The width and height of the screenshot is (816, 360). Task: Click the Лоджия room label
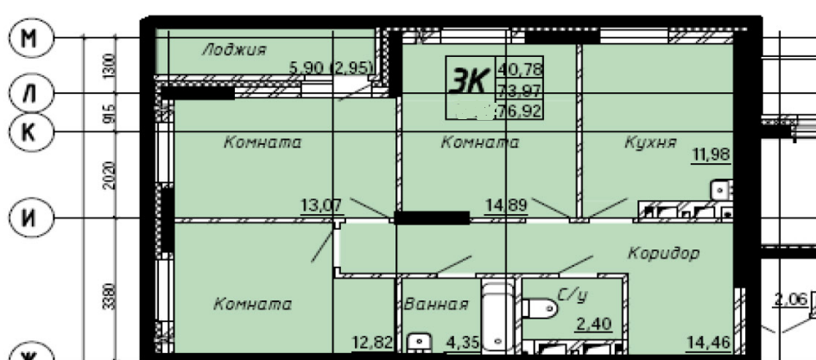pos(233,49)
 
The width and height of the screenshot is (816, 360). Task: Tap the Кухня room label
pos(650,142)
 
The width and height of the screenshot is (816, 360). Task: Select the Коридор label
pos(663,254)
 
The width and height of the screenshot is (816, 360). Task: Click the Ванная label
pos(436,304)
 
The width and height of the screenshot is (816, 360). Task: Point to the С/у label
pos(572,296)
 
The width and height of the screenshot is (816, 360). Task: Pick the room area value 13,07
pos(321,205)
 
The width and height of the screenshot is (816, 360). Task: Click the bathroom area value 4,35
pos(461,343)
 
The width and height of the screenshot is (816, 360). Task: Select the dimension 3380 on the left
pos(109,298)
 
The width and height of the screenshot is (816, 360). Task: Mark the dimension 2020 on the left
pos(109,177)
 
